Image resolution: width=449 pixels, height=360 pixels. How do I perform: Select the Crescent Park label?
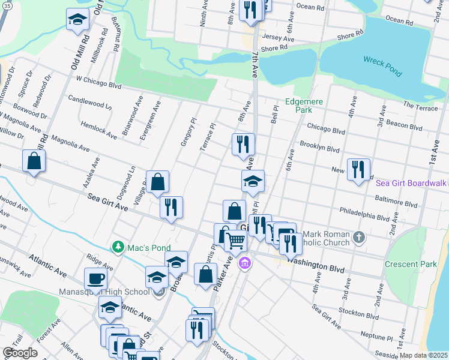click(411, 264)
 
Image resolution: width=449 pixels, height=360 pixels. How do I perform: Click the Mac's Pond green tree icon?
click(119, 247)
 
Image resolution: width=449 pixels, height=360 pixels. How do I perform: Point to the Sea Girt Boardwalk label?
click(411, 183)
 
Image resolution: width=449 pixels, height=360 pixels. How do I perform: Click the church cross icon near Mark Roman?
click(358, 236)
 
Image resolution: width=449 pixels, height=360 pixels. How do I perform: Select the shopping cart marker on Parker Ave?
click(236, 241)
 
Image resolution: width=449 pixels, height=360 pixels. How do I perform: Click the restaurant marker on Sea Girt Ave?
click(171, 208)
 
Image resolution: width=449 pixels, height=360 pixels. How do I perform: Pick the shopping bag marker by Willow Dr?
click(34, 161)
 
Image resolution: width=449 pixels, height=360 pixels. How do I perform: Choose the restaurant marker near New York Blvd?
click(358, 169)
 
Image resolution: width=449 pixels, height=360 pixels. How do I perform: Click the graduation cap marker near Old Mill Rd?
click(77, 19)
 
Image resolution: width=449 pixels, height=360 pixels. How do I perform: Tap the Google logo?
click(20, 353)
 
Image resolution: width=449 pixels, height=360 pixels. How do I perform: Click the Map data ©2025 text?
click(423, 355)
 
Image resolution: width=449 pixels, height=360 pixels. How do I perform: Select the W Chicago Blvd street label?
click(98, 82)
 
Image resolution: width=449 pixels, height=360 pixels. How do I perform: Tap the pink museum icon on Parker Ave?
click(244, 263)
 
